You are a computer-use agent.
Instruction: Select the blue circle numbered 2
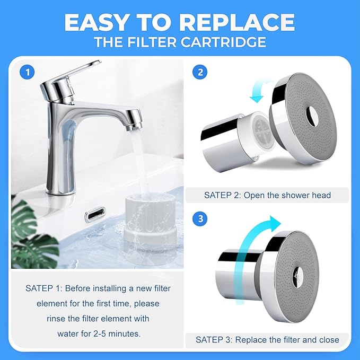(x=199, y=73)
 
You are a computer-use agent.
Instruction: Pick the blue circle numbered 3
(x=199, y=218)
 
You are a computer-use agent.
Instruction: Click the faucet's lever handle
(x=80, y=74)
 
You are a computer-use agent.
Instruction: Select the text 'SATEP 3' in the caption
(x=212, y=339)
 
